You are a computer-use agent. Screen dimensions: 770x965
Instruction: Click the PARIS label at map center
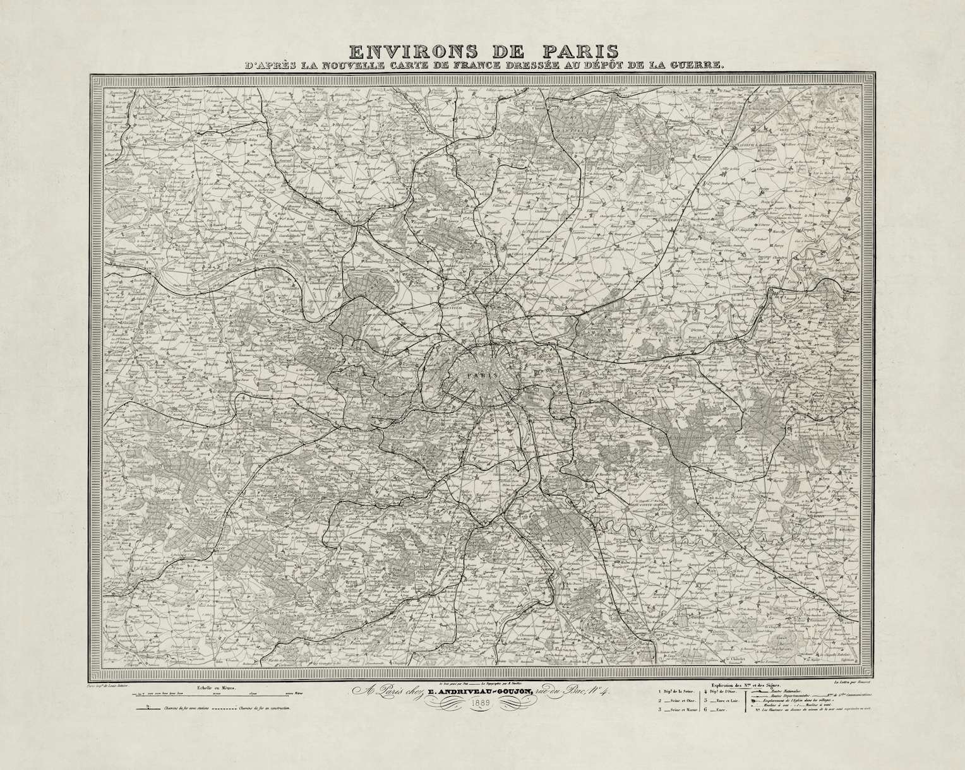click(481, 374)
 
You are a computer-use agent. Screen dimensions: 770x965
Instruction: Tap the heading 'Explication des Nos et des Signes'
click(746, 684)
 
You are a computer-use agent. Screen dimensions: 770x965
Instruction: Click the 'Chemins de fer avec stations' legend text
click(189, 709)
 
